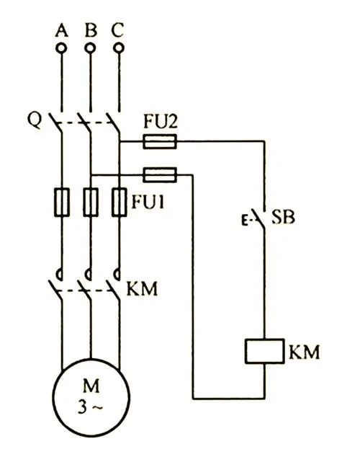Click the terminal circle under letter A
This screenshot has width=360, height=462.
tap(61, 48)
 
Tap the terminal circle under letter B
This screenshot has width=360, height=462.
tap(90, 48)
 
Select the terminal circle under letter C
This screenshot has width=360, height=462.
tap(119, 48)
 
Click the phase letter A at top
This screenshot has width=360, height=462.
tap(61, 30)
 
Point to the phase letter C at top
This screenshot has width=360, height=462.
tap(118, 30)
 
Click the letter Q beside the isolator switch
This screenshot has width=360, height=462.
tap(35, 120)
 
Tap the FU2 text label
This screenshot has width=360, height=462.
tap(161, 121)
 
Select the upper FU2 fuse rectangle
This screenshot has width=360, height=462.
tap(160, 141)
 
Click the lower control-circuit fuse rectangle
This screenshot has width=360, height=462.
tap(160, 175)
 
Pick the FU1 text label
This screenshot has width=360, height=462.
tap(148, 202)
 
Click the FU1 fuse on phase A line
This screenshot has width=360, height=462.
tap(62, 202)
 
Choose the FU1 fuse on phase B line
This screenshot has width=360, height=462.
tap(91, 202)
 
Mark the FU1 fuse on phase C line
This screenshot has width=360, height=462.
tap(120, 202)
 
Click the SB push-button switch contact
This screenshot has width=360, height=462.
tap(258, 218)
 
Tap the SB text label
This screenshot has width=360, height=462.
tap(283, 218)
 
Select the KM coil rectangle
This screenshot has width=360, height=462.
tap(265, 351)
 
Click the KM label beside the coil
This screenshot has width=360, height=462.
tap(304, 352)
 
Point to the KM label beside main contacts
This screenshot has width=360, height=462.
tap(142, 288)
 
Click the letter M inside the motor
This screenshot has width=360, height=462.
tap(91, 386)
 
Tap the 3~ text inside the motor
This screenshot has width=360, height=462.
tap(91, 407)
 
